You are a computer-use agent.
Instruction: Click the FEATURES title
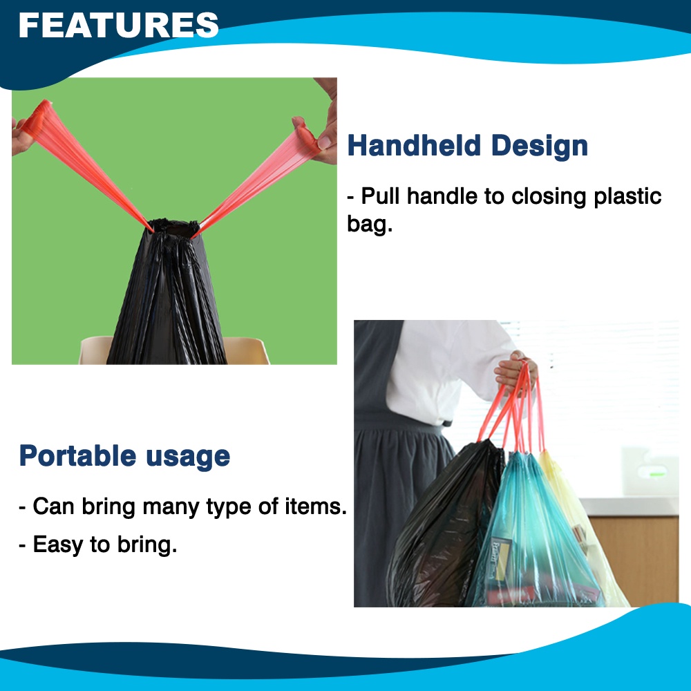118,26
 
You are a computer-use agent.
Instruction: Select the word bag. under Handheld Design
369,224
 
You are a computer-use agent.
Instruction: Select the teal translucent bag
532,539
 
